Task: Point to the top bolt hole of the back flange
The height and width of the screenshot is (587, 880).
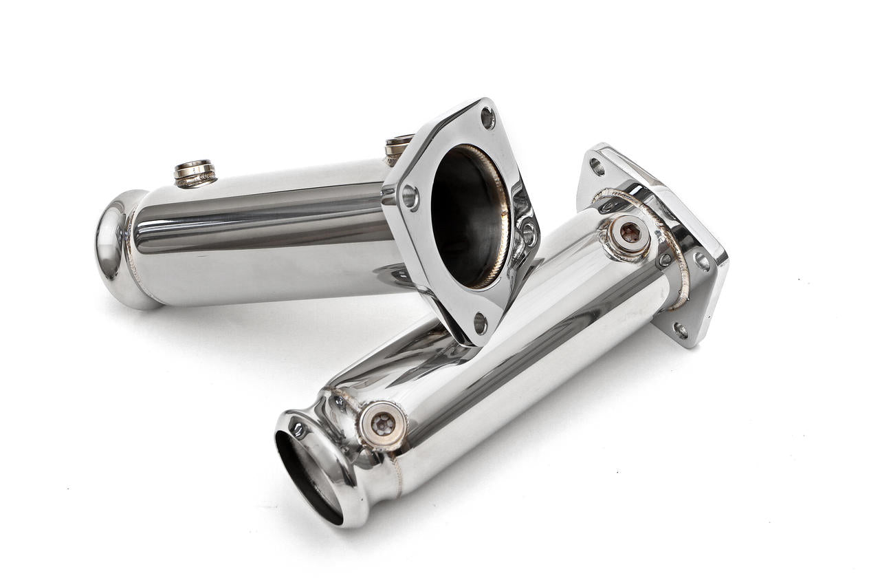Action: click(x=487, y=118)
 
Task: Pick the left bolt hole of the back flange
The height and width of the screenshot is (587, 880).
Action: click(x=410, y=198)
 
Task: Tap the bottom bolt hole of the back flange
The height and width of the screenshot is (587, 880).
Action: click(x=480, y=322)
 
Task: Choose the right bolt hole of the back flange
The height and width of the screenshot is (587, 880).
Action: click(x=528, y=233)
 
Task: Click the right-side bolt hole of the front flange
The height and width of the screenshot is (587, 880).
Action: click(x=701, y=261)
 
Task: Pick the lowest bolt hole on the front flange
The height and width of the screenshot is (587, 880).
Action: click(x=680, y=330)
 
